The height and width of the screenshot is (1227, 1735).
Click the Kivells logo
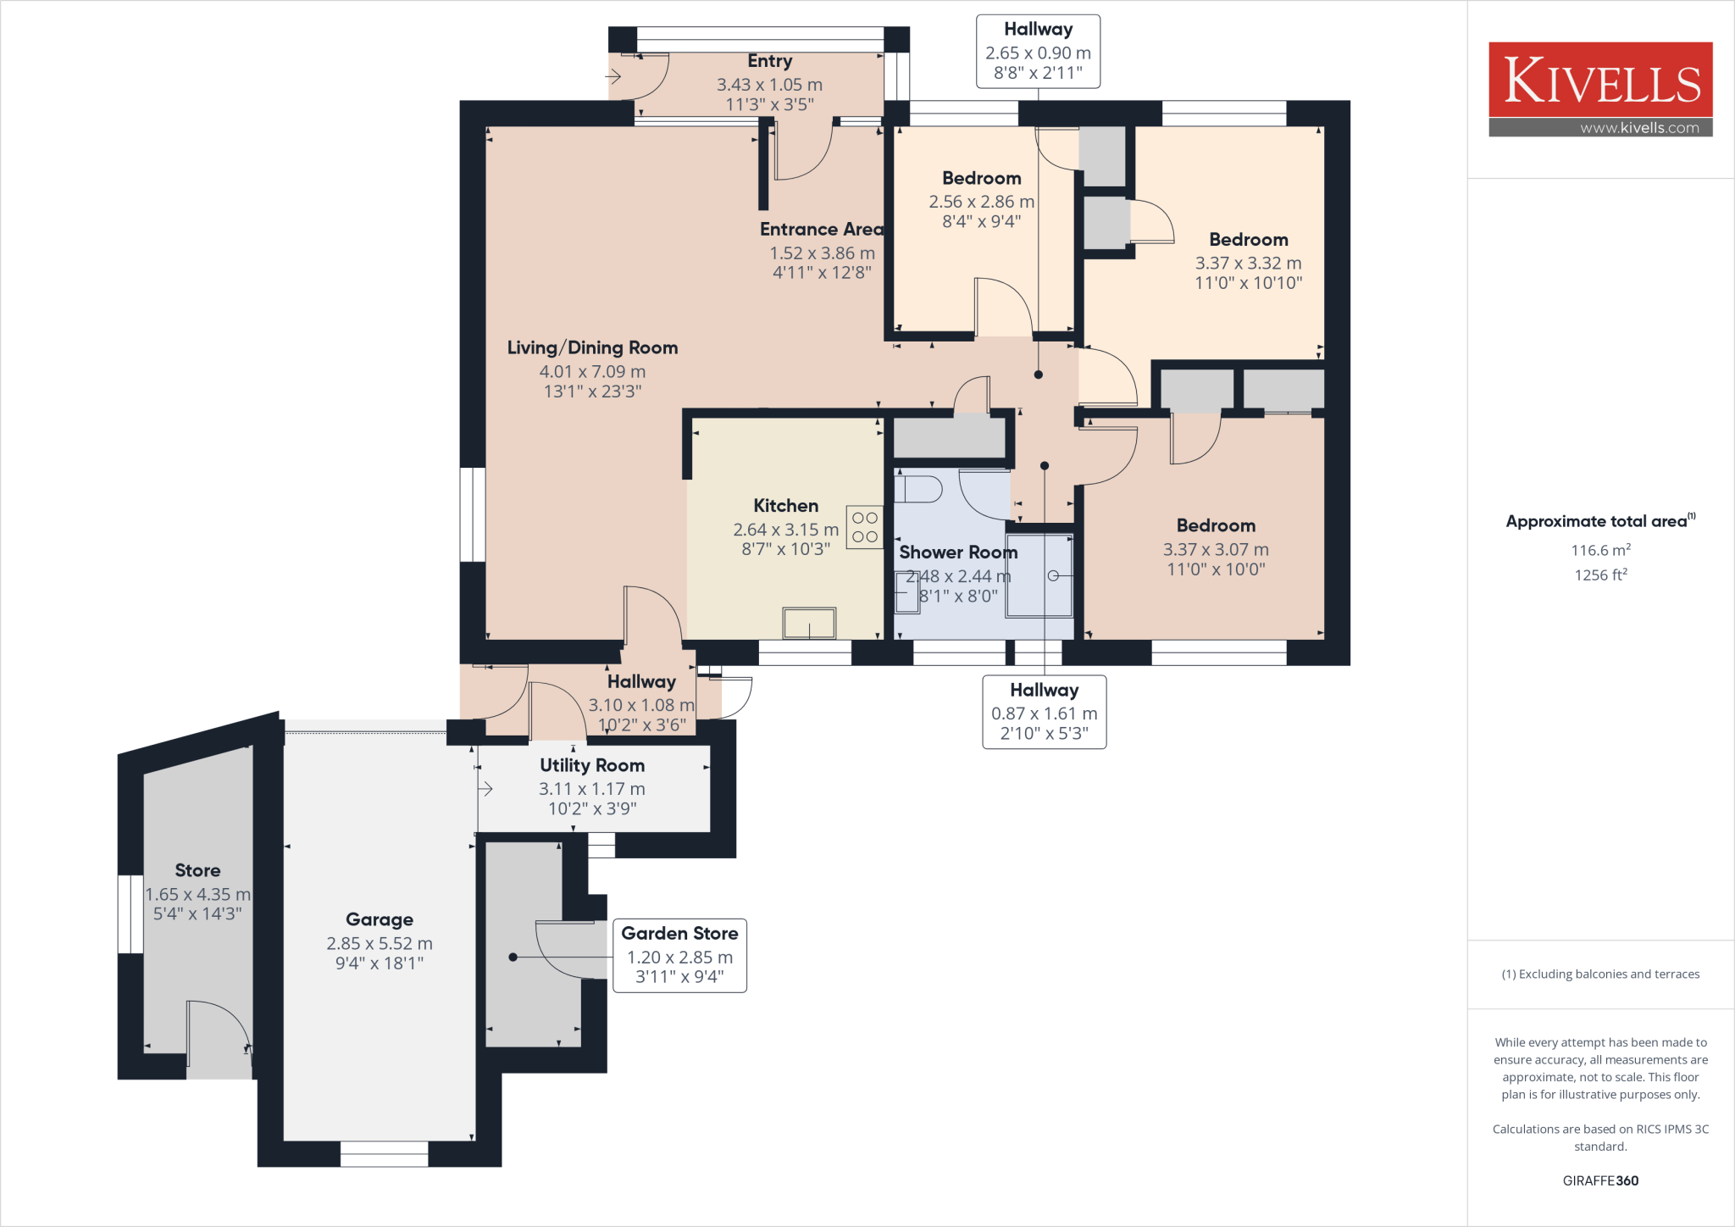point(1600,81)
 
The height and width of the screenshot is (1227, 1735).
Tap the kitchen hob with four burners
point(864,527)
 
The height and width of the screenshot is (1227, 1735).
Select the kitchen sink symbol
point(809,624)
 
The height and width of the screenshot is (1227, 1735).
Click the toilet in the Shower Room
point(919,489)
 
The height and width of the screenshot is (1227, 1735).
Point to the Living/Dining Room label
point(592,347)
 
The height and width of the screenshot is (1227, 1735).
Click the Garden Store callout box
point(679,955)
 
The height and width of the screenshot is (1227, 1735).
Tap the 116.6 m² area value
point(1600,550)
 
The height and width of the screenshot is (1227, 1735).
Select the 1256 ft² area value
point(1600,575)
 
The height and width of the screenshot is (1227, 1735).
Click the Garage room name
point(380,919)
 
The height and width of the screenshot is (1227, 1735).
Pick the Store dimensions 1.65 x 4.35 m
point(197,894)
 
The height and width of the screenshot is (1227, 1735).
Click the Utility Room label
point(592,765)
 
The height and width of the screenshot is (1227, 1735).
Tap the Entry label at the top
point(769,61)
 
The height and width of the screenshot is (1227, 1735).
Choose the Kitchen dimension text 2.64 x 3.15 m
point(785,530)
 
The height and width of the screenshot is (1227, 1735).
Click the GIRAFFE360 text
point(1600,1180)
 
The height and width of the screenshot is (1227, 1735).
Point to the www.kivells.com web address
point(1638,128)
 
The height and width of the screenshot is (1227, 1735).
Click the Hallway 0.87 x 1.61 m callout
point(1044,712)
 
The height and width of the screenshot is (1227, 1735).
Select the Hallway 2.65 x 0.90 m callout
point(1038,52)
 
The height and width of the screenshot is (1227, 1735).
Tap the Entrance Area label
point(820,230)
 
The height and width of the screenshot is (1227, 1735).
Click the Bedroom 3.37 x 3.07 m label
point(1216,525)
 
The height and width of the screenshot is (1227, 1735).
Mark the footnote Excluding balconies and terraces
point(1600,974)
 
